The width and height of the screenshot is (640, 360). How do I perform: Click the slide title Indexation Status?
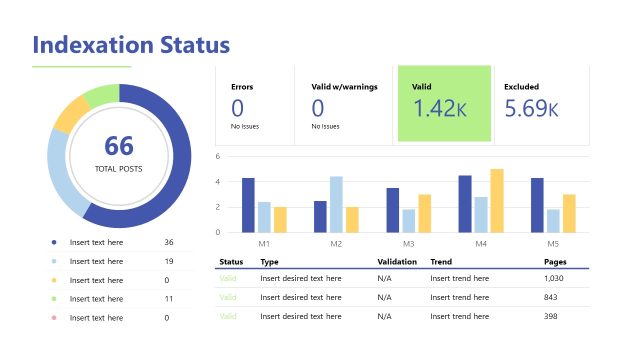pyautogui.click(x=131, y=45)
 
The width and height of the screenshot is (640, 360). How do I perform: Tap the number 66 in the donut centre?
pyautogui.click(x=119, y=146)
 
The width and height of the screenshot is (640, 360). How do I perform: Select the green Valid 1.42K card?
pyautogui.click(x=444, y=103)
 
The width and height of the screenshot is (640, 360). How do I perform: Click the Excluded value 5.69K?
pyautogui.click(x=531, y=109)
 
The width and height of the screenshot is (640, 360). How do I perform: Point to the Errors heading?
pyautogui.click(x=242, y=87)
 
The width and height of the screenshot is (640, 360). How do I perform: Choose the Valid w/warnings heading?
pyautogui.click(x=343, y=87)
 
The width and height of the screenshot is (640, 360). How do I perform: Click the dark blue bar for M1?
pyautogui.click(x=248, y=205)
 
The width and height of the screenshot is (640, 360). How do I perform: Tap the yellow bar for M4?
pyautogui.click(x=497, y=200)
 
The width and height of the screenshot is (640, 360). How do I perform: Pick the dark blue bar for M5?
pyautogui.click(x=537, y=205)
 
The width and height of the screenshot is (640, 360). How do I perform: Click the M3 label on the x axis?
pyautogui.click(x=408, y=244)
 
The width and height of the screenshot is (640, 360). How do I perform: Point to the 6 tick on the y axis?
pyautogui.click(x=217, y=157)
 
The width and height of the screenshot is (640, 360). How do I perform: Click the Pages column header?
pyautogui.click(x=555, y=261)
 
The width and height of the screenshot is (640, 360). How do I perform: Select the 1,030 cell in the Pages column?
pyautogui.click(x=554, y=278)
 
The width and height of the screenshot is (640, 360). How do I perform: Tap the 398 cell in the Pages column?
pyautogui.click(x=551, y=316)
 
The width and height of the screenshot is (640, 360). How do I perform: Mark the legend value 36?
pyautogui.click(x=169, y=243)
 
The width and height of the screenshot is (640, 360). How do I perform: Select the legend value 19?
pyautogui.click(x=169, y=261)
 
